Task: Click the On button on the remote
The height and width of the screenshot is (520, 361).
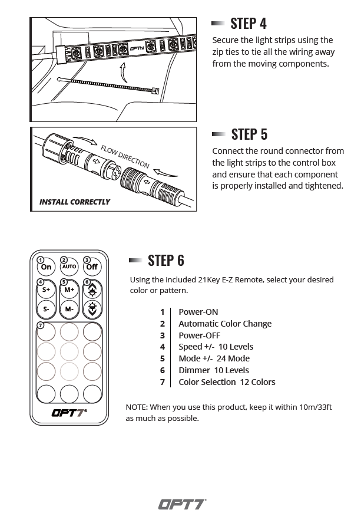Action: [46, 266]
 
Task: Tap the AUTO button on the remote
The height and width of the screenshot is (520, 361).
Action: [69, 266]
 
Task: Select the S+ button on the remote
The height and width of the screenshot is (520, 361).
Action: [46, 289]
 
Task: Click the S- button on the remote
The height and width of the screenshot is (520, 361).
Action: [46, 308]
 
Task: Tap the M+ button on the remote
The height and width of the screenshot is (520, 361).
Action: [69, 289]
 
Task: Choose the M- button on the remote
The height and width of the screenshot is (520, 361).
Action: [69, 308]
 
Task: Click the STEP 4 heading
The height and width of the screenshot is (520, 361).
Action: [248, 23]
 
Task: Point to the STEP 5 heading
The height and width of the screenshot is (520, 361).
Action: [249, 134]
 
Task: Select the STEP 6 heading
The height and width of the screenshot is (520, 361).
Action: [165, 260]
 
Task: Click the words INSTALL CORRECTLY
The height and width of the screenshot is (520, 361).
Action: [74, 202]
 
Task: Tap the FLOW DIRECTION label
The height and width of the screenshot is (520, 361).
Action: [124, 157]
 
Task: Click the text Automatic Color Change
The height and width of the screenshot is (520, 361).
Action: [225, 324]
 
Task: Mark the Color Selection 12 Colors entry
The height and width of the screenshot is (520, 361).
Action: [227, 382]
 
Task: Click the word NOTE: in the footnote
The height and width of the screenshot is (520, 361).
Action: [136, 407]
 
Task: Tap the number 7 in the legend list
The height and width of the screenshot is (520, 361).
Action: [162, 382]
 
